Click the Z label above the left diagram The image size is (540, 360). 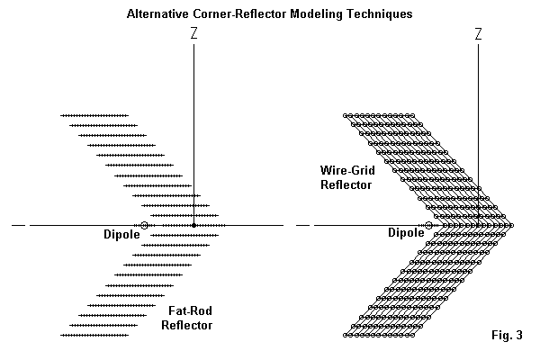click(x=194, y=33)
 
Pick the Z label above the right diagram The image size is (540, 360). click(x=478, y=33)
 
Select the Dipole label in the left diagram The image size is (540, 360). click(x=121, y=235)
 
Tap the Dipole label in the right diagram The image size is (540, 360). click(x=406, y=232)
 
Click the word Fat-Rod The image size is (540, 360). click(x=190, y=311)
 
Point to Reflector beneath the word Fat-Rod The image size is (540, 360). click(x=186, y=325)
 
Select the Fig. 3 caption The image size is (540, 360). click(x=505, y=336)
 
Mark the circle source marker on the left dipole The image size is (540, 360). click(x=144, y=224)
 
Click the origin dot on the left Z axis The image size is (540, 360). click(x=194, y=224)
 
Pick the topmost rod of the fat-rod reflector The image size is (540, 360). click(x=94, y=115)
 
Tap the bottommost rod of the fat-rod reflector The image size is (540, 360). click(x=94, y=335)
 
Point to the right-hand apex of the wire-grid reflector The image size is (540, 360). click(x=511, y=224)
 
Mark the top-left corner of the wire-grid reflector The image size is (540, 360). click(x=346, y=115)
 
